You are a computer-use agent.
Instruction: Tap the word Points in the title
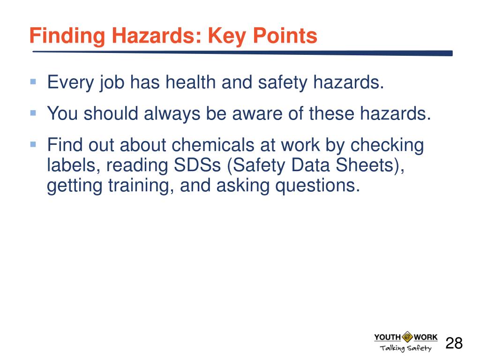click(284, 36)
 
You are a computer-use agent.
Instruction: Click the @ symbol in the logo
click(406, 337)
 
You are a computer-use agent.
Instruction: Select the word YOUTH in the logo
click(387, 337)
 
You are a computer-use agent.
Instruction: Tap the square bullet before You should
click(33, 112)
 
